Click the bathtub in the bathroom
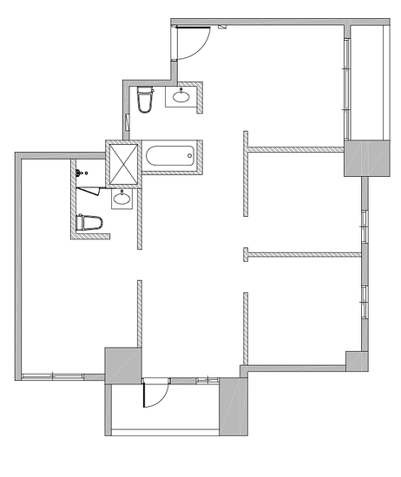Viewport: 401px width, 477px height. (x=169, y=157)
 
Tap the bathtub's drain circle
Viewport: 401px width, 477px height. (x=190, y=157)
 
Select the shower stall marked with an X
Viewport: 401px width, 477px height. (x=122, y=162)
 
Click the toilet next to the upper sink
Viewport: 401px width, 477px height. (x=144, y=100)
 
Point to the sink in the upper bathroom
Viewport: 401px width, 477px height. (x=182, y=95)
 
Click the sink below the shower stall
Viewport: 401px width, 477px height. (x=122, y=199)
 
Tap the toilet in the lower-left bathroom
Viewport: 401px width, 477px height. (x=89, y=223)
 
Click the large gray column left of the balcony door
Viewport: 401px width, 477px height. (x=122, y=363)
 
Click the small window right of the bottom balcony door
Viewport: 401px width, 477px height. (x=207, y=381)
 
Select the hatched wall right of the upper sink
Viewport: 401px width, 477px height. (x=200, y=96)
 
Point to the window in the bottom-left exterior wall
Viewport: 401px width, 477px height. (x=52, y=376)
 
